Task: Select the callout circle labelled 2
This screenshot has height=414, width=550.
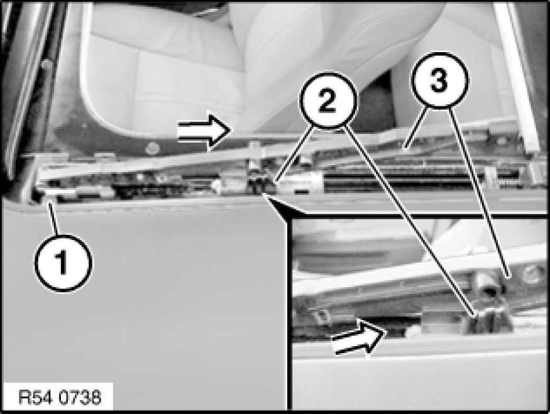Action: click(x=328, y=101)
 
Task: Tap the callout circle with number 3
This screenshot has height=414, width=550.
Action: click(x=439, y=80)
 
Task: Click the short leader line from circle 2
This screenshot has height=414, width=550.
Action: click(x=294, y=155)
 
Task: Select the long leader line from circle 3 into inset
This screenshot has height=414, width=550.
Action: click(x=479, y=192)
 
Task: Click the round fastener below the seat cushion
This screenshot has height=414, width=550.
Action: click(x=153, y=148)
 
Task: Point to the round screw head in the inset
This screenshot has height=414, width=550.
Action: click(x=531, y=274)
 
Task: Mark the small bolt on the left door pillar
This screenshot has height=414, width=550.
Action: click(x=46, y=65)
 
